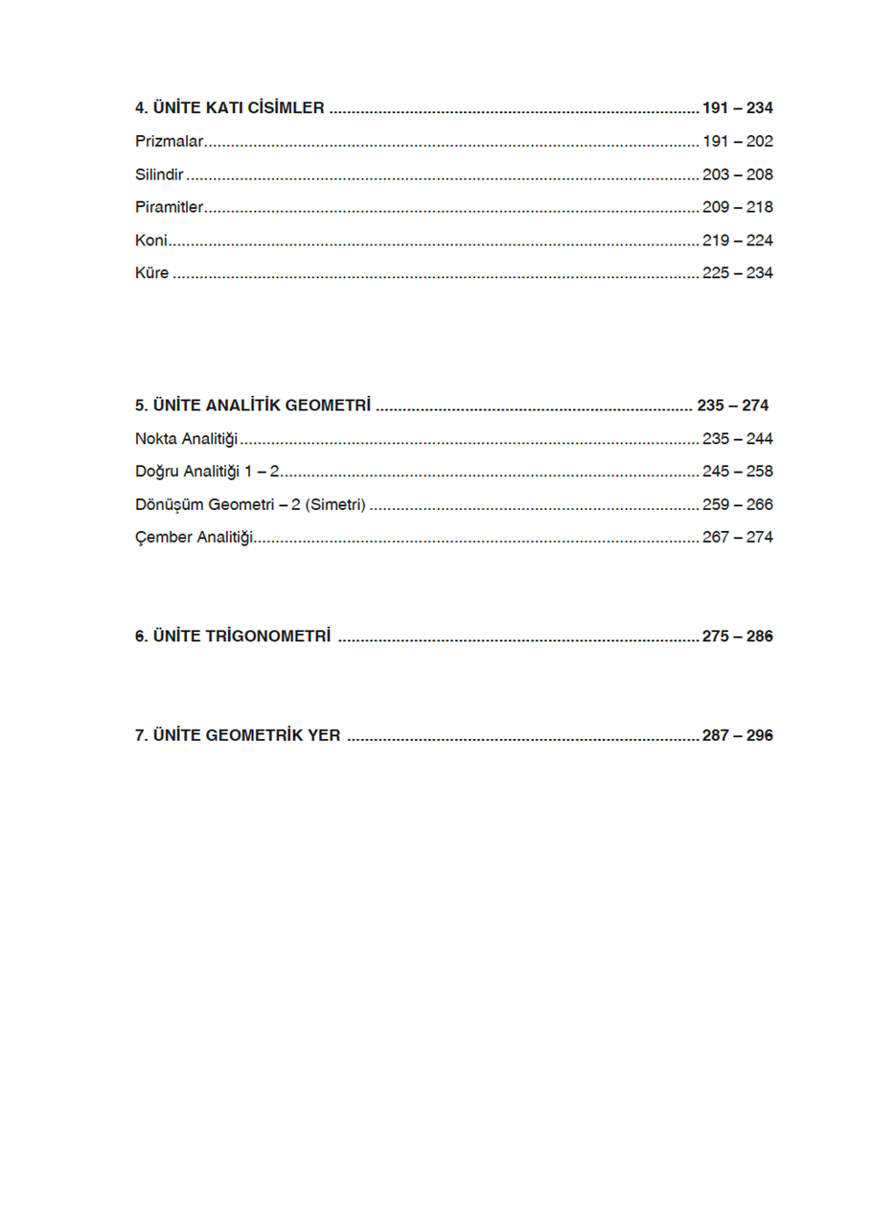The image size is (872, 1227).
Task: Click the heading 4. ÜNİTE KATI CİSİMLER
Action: click(230, 108)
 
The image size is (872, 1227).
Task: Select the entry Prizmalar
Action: click(170, 142)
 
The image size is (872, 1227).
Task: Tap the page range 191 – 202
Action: click(737, 142)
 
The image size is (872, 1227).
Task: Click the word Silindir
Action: click(159, 174)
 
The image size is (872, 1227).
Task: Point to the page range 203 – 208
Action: click(737, 174)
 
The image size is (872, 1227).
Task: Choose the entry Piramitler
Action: click(170, 207)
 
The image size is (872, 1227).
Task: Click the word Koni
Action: click(151, 241)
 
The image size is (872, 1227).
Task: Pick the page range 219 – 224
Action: click(737, 241)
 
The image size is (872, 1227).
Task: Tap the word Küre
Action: click(152, 273)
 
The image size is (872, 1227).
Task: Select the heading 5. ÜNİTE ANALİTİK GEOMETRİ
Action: click(252, 405)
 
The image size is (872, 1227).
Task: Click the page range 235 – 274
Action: click(732, 405)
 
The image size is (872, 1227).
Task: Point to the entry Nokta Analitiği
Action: click(186, 439)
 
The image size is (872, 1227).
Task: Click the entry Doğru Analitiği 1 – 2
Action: click(207, 472)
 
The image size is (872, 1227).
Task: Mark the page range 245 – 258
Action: click(737, 472)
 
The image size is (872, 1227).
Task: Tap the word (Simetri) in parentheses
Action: click(335, 504)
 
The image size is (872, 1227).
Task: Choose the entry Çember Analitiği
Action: click(194, 538)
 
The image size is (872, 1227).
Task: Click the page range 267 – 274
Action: click(737, 538)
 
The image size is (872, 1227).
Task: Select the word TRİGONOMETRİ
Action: click(268, 637)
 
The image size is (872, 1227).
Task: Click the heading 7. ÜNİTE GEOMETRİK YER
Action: click(238, 736)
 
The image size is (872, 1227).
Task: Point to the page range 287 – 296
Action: click(737, 736)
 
